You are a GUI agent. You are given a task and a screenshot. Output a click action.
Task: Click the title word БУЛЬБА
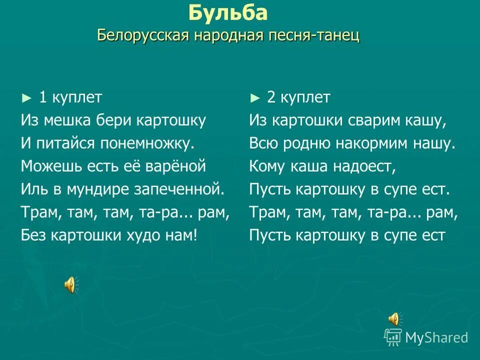(x=228, y=13)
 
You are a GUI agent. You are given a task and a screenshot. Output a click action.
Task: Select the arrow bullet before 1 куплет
(x=26, y=98)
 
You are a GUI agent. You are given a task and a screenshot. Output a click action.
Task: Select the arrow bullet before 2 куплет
(x=255, y=98)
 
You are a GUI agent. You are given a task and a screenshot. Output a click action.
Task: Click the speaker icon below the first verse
(x=69, y=284)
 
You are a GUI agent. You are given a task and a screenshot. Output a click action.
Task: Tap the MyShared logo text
(x=436, y=337)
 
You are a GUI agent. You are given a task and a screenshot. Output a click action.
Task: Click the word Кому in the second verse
(x=265, y=166)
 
